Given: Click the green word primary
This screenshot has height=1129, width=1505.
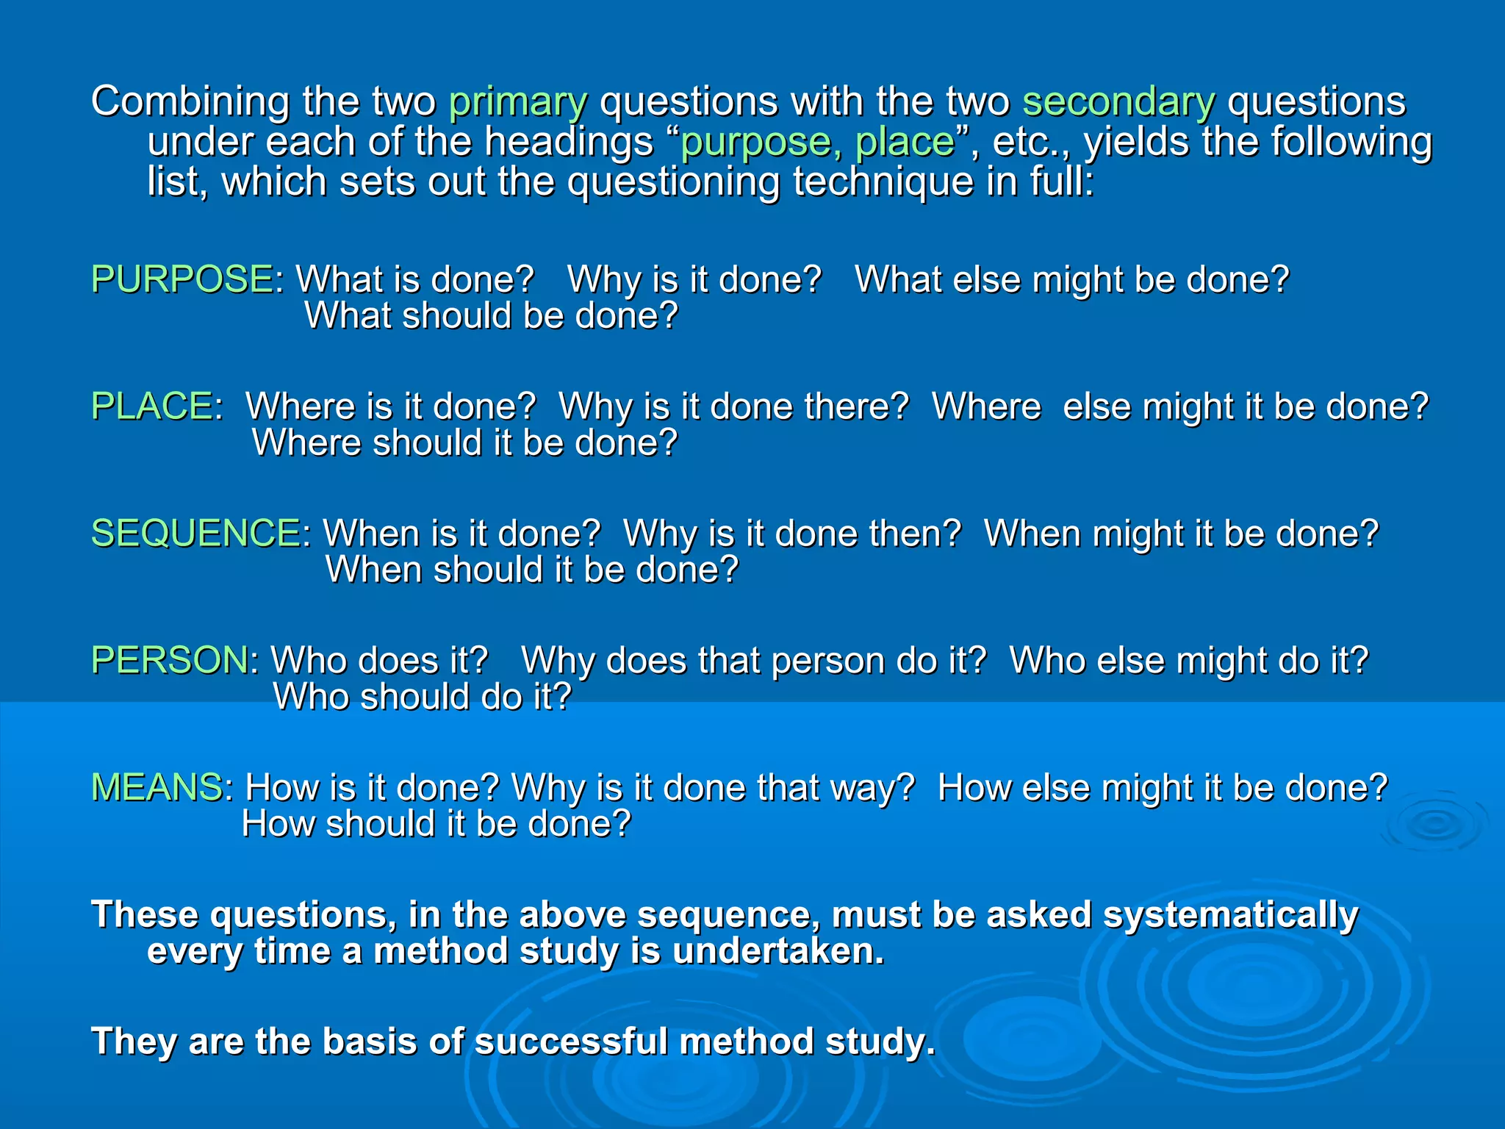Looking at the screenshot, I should (518, 101).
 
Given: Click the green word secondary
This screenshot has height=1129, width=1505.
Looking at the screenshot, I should (1118, 101).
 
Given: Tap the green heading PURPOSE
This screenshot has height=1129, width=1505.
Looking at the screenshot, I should (182, 279).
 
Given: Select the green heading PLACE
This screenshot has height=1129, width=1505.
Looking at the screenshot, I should (152, 406).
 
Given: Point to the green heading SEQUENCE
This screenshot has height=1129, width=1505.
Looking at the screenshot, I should (195, 534).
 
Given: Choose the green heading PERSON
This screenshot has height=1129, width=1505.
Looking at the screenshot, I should (170, 660).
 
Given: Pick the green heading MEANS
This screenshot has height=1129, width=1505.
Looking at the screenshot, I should (157, 787).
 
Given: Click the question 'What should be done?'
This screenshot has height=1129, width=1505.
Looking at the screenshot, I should (491, 316).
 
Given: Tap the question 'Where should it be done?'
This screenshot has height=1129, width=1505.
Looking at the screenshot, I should (464, 443).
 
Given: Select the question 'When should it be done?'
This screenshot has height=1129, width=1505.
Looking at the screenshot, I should (532, 570).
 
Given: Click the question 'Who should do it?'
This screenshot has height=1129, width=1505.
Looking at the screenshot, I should (422, 697).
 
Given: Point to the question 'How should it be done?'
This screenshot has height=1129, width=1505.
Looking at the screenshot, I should (437, 824).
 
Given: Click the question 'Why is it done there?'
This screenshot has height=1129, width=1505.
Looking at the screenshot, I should (733, 406).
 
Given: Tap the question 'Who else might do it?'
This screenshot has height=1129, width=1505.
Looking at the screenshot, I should (1188, 660).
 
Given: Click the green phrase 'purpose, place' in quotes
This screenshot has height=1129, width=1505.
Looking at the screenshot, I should (817, 142).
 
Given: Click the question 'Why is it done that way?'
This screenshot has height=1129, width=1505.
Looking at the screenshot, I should (713, 787).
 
